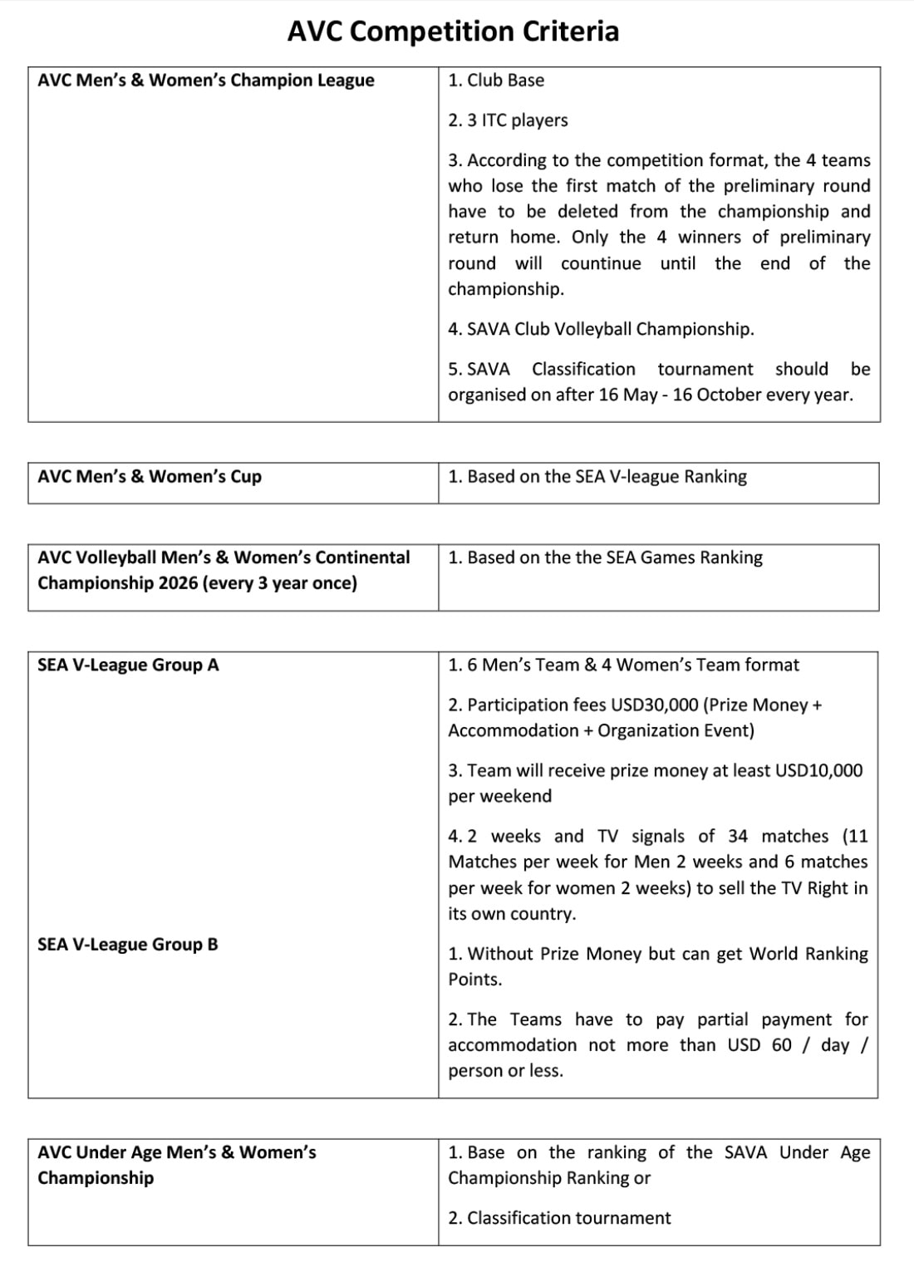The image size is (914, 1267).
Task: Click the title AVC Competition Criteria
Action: click(453, 32)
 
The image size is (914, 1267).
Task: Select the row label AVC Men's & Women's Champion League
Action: click(205, 81)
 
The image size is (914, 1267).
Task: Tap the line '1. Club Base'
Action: click(496, 81)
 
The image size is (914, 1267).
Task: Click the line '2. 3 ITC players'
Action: click(508, 120)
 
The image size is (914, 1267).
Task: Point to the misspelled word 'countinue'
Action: click(601, 263)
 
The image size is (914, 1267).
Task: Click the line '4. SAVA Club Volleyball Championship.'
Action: click(601, 329)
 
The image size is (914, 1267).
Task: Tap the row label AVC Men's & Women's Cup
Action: click(150, 477)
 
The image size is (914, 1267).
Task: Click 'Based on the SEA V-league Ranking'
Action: click(607, 477)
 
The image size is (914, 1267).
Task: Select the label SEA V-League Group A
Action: click(128, 665)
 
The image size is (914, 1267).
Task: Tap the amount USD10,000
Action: click(818, 771)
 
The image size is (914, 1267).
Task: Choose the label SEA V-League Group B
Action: click(128, 945)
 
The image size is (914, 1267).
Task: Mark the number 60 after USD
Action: click(782, 1045)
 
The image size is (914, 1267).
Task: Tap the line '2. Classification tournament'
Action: click(559, 1218)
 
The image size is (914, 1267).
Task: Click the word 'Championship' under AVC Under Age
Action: click(96, 1178)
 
